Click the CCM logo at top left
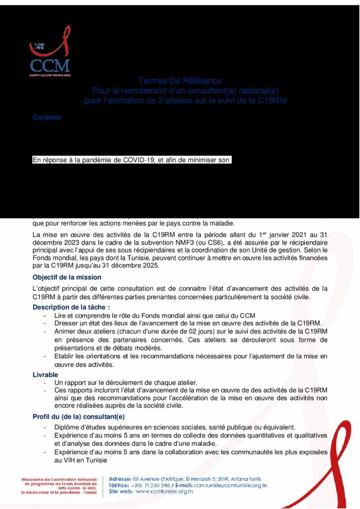[49, 58]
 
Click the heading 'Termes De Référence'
[180, 81]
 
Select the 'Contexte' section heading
[47, 118]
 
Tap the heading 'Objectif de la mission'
[67, 277]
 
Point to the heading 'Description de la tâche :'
[72, 307]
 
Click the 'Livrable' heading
[45, 374]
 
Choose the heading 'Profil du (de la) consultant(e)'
[79, 417]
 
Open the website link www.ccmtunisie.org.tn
[164, 492]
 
